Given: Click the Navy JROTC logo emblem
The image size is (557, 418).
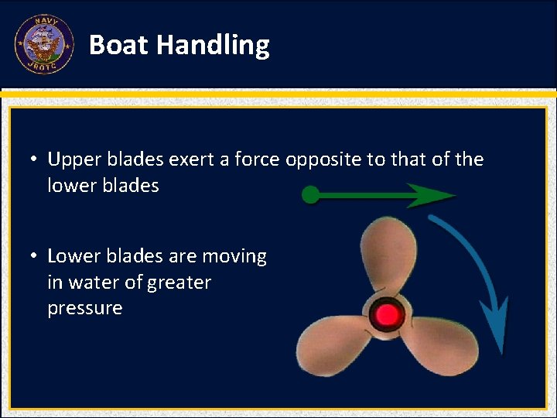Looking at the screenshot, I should coord(43,45).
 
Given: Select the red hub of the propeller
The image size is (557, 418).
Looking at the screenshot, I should coord(386,314).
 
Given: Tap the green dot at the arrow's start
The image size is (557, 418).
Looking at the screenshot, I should coord(310,195).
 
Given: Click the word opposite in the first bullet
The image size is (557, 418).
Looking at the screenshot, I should coord(325,160).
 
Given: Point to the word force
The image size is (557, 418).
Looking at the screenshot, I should coord(258,159).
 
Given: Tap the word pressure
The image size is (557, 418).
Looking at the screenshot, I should coord(84,309).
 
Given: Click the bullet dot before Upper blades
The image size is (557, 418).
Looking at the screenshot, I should coord(36,160).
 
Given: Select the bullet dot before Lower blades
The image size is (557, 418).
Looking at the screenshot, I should coord(36,256).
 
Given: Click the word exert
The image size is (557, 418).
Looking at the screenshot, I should coord(190,159).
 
